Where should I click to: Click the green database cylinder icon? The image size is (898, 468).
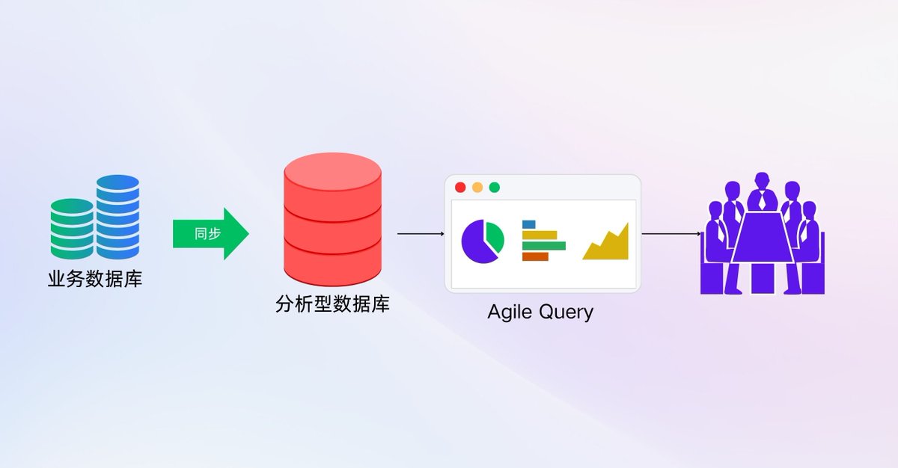pyautogui.click(x=72, y=229)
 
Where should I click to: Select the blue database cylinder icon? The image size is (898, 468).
pyautogui.click(x=117, y=216)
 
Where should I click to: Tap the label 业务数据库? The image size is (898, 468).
pyautogui.click(x=95, y=280)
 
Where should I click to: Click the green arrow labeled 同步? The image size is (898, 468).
pyautogui.click(x=210, y=233)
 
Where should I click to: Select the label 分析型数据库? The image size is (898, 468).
pyautogui.click(x=332, y=304)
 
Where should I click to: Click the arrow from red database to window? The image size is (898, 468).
pyautogui.click(x=421, y=234)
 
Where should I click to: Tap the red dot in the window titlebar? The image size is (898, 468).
pyautogui.click(x=460, y=187)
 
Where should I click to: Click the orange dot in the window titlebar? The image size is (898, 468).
pyautogui.click(x=477, y=187)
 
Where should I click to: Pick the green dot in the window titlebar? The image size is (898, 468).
pyautogui.click(x=495, y=187)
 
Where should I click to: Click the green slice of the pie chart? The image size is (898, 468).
pyautogui.click(x=495, y=235)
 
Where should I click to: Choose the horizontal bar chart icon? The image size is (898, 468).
pyautogui.click(x=543, y=240)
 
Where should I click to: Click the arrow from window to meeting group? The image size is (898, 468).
pyautogui.click(x=671, y=234)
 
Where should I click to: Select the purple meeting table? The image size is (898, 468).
pyautogui.click(x=763, y=239)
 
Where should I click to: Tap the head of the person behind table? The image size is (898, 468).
pyautogui.click(x=763, y=180)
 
